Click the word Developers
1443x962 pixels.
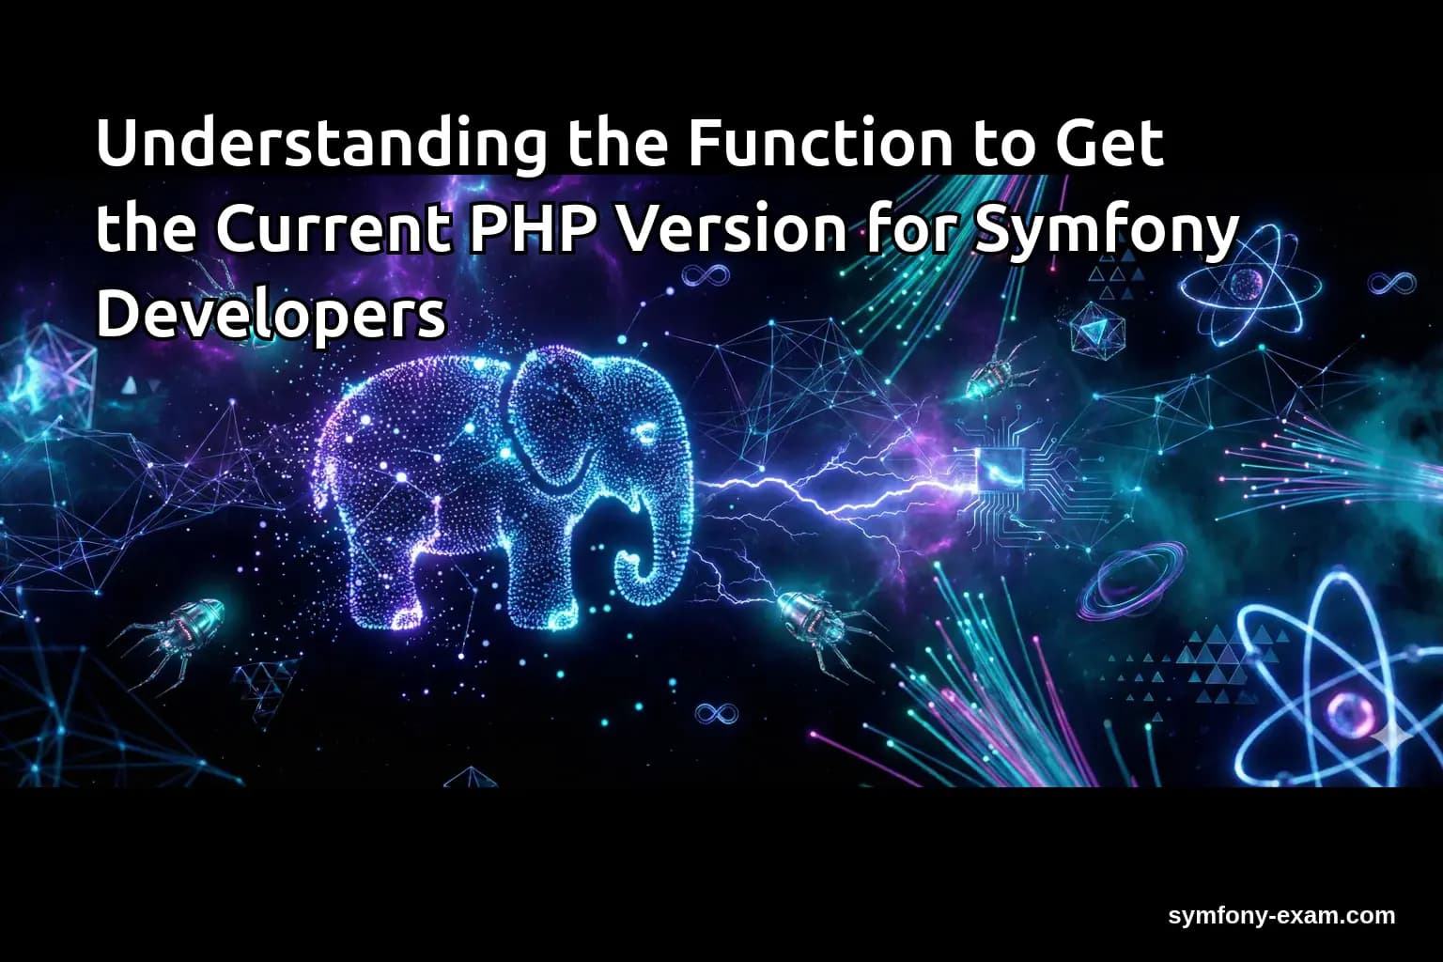pyautogui.click(x=271, y=316)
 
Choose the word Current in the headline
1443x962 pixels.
pyautogui.click(x=334, y=229)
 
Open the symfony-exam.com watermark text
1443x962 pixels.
pyautogui.click(x=1281, y=916)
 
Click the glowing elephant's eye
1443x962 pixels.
pyautogui.click(x=646, y=433)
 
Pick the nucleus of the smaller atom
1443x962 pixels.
pyautogui.click(x=1248, y=282)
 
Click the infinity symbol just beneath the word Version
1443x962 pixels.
pyautogui.click(x=706, y=275)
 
